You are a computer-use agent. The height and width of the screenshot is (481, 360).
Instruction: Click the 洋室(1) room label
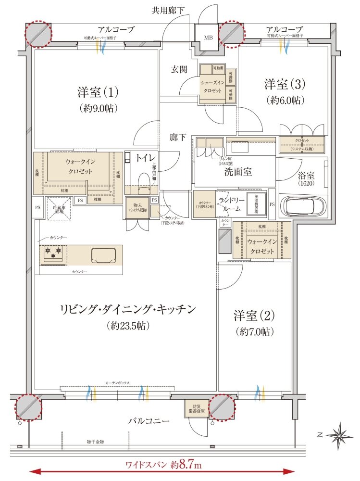(x=98, y=99)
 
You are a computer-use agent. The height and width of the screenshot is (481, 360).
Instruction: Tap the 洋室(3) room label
(x=284, y=92)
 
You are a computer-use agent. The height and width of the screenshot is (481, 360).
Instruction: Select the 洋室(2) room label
(x=254, y=323)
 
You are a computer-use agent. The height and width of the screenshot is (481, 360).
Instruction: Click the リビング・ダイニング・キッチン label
(x=127, y=316)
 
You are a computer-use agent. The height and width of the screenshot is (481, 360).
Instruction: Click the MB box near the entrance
(x=208, y=37)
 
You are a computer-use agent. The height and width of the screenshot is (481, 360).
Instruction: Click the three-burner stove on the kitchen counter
(x=53, y=253)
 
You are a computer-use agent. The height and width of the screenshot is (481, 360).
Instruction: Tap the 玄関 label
(x=180, y=69)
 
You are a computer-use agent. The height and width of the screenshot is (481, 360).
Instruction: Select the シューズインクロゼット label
(x=212, y=86)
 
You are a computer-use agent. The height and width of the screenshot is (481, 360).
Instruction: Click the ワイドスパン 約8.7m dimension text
(x=164, y=465)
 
